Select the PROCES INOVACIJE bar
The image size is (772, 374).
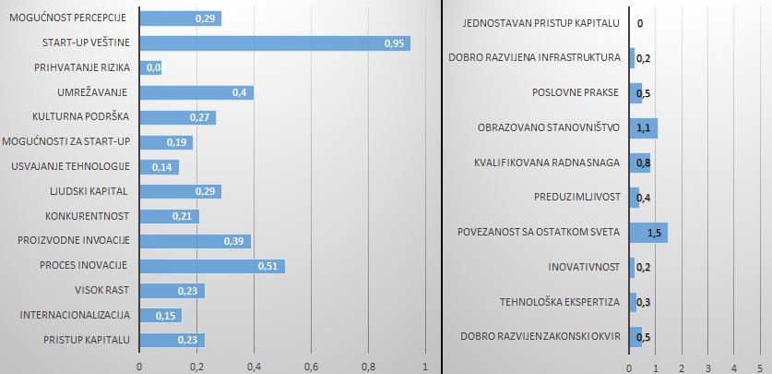tap(211, 266)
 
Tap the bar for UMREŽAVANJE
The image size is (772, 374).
tap(196, 92)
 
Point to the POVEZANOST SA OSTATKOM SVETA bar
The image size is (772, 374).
tap(647, 232)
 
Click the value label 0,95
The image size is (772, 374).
tap(394, 43)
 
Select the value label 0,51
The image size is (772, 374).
tap(268, 266)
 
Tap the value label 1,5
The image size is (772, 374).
tap(656, 233)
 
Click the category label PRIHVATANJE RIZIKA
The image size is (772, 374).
tap(83, 67)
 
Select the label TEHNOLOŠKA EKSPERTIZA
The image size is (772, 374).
tap(559, 302)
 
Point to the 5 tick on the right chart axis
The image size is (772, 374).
tap(759, 367)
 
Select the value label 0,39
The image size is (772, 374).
tap(234, 241)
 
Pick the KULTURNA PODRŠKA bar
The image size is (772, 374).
tap(177, 117)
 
